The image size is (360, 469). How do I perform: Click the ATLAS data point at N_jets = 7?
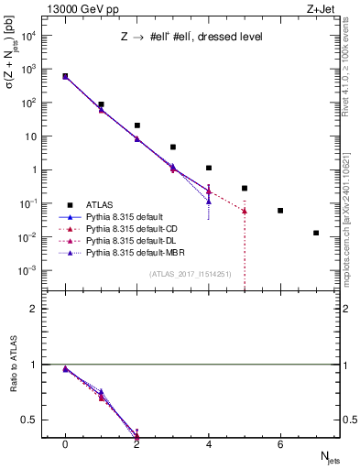(x=316, y=233)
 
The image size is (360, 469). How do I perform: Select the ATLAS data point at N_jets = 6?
(x=280, y=211)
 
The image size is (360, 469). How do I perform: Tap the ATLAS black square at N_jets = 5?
(x=245, y=188)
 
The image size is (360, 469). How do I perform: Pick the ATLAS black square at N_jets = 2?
(x=136, y=125)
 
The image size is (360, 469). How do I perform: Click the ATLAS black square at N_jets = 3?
(x=172, y=147)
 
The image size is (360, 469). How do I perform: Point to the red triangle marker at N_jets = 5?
(x=245, y=211)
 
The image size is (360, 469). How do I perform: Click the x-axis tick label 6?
(x=280, y=444)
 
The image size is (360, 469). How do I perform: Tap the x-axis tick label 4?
(x=209, y=444)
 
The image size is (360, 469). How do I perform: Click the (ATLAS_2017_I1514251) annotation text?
(x=191, y=274)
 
